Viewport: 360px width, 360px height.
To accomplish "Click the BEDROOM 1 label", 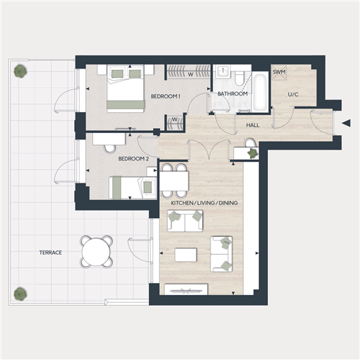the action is [x=165, y=96].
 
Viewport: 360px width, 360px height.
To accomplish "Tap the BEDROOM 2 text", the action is [x=134, y=159].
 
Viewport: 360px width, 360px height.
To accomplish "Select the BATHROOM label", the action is [x=233, y=93].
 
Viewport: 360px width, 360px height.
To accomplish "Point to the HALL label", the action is [x=253, y=125].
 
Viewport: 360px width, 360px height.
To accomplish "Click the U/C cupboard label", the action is [x=293, y=94].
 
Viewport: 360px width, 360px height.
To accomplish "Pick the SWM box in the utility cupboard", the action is [x=279, y=72].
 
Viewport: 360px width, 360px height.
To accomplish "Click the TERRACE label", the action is [x=51, y=253].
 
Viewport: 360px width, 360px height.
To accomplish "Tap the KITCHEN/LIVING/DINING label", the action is [x=204, y=203].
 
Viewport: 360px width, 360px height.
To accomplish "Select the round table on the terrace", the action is [x=96, y=252].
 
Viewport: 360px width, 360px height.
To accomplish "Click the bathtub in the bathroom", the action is [x=260, y=91].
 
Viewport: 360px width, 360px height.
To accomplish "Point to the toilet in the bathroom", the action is [x=238, y=78].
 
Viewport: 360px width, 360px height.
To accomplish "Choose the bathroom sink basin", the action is [x=223, y=71].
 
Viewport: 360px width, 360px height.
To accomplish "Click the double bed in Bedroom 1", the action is [x=125, y=89].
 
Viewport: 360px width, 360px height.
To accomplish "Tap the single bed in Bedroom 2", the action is [x=133, y=188].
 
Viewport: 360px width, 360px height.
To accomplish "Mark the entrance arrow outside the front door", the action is [x=346, y=123].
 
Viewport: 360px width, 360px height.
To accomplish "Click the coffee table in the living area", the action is [x=186, y=255].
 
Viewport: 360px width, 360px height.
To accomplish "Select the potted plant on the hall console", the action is [x=252, y=153].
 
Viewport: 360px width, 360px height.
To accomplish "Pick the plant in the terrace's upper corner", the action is [x=20, y=71].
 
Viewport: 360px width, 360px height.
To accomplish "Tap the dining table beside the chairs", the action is [x=174, y=181].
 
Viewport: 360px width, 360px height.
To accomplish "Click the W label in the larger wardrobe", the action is [x=190, y=75].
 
